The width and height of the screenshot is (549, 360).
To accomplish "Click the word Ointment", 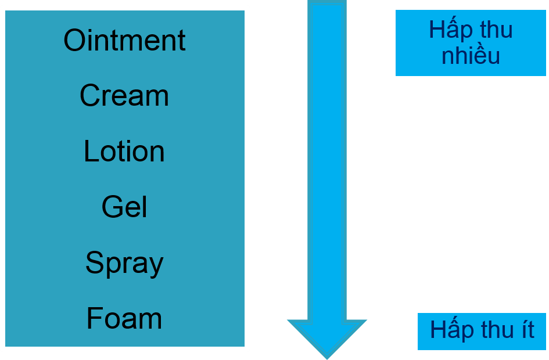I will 124,41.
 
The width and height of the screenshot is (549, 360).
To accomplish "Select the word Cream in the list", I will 124,96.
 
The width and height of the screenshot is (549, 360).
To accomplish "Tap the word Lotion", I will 124,151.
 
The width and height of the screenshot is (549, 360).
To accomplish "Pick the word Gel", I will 124,207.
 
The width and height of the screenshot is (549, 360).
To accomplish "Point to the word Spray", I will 124,263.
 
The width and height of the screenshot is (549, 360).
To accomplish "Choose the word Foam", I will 124,318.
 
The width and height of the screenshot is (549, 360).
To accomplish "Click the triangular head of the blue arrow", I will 327,336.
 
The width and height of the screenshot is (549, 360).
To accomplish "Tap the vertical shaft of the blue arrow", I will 327,157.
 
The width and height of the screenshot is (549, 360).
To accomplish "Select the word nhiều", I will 471,56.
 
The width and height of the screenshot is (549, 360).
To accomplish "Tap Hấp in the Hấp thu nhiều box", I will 449,30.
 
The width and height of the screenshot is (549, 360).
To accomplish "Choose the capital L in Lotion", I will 90,151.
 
